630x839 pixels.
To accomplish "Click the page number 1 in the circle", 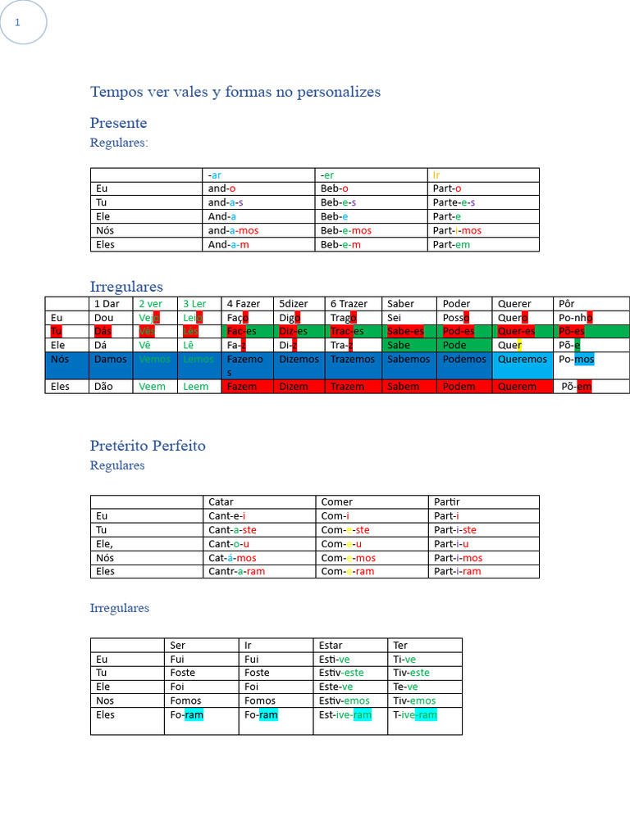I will click(17, 22).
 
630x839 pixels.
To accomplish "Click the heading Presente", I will click(118, 123).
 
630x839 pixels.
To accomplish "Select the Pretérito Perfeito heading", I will click(148, 446).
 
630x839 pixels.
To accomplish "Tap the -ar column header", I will click(215, 175).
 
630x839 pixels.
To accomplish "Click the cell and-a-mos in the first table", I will click(233, 230).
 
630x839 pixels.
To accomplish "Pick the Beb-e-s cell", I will click(338, 202).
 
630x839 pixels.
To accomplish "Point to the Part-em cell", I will click(452, 244).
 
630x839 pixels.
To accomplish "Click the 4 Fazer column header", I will click(243, 303).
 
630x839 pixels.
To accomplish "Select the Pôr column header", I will click(567, 303).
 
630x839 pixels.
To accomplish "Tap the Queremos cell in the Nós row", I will click(523, 359).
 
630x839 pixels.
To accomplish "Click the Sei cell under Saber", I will click(395, 317).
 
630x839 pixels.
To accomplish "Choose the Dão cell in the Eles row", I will click(104, 387).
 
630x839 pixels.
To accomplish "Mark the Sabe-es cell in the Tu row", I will click(405, 331).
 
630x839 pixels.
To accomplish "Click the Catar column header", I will click(221, 501).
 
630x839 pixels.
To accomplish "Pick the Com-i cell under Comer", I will click(335, 516).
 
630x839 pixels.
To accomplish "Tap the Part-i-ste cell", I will click(455, 530).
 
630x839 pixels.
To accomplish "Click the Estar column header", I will click(331, 645).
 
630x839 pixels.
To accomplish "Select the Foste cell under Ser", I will click(183, 673).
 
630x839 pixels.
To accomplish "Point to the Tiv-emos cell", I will click(414, 701).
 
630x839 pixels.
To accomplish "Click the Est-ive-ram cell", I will click(345, 715).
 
